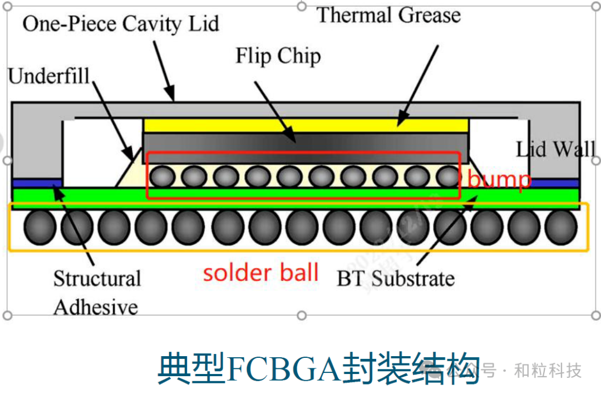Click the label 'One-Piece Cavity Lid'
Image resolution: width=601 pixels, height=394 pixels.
coord(120,24)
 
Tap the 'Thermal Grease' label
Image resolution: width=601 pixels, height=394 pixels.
coord(388,14)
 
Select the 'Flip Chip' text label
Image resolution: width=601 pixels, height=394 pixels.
coord(278,56)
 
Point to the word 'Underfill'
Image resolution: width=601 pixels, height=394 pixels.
coord(49,76)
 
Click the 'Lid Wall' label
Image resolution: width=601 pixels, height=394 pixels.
coord(555,149)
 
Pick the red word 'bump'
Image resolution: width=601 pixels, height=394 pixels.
coord(499,180)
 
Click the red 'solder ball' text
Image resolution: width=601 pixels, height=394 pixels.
coord(260,273)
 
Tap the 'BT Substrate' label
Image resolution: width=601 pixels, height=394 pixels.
coord(396,278)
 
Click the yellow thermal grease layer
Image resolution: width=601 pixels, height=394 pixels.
coord(306,125)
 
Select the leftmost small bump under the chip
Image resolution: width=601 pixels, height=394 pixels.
coord(162,177)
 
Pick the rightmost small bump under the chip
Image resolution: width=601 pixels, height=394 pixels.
coord(447,177)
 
